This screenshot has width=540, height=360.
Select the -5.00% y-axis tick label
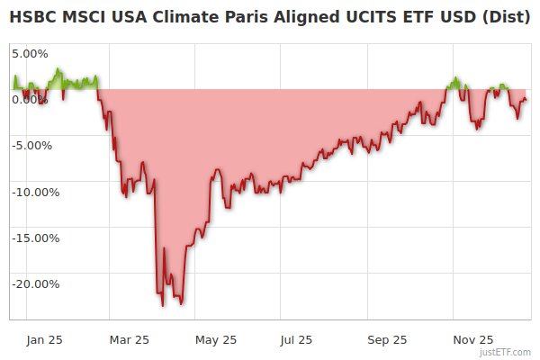(31, 146)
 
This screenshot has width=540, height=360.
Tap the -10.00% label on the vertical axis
(35, 192)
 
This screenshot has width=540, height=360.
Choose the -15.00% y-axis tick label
(35, 238)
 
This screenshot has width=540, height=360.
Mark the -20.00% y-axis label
(35, 284)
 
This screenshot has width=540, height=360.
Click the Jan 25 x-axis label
(44, 339)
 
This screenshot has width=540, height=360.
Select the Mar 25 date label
(129, 339)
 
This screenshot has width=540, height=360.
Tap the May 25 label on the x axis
(216, 339)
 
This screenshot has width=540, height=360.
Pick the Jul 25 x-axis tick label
(296, 339)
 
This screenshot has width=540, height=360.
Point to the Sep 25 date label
(387, 339)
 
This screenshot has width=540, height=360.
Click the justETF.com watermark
(505, 353)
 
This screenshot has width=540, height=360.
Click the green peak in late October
(456, 78)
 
